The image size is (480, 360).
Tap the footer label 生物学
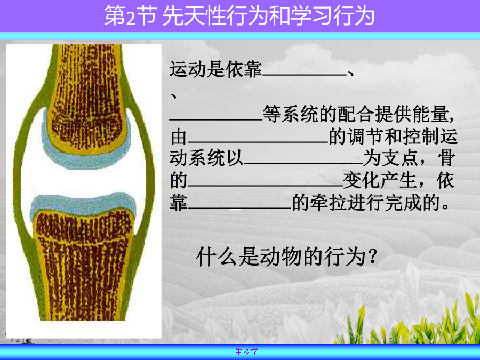coord(247,352)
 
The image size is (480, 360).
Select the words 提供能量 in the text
coord(412,114)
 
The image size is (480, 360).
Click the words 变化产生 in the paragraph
coord(380,181)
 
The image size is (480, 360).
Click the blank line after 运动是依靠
coord(305,75)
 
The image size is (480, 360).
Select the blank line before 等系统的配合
coord(216,119)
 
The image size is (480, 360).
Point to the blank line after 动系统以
coord(303,164)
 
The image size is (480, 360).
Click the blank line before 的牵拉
coord(239,209)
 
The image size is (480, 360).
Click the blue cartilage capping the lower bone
coord(83,204)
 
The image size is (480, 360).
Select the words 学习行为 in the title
coord(332,16)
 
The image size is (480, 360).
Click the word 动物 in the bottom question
coord(276,257)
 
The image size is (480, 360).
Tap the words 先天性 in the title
coord(194,16)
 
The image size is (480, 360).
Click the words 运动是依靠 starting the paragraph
coord(216,69)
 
